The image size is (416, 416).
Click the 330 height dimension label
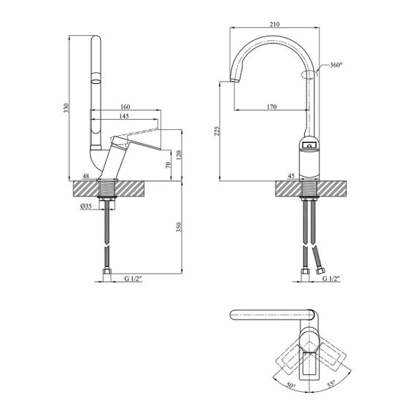click(66, 108)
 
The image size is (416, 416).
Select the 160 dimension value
click(126, 107)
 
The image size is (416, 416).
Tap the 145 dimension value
click(124, 116)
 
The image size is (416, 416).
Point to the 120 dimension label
click(179, 155)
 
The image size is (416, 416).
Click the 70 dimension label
click(168, 165)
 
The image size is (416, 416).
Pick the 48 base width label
click(85, 176)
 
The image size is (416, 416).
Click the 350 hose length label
click(179, 227)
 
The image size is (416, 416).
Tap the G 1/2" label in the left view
click(133, 279)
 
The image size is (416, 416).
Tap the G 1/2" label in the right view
click(331, 279)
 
